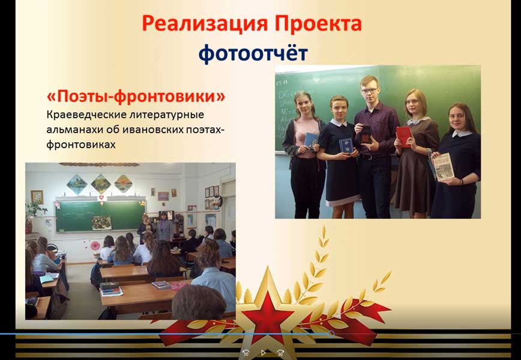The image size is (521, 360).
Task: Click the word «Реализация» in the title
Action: pos(204,24)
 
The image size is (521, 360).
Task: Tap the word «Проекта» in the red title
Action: pos(319,23)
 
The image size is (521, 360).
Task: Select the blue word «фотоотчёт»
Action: pos(253,53)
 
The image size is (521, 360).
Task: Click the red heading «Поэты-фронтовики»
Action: pos(136,97)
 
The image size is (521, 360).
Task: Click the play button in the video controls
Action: pos(263,352)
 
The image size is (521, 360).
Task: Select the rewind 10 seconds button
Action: pos(246,353)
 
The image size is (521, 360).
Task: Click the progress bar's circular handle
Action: pos(331,334)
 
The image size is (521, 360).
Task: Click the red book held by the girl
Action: pos(403,136)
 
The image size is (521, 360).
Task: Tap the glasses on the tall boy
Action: pos(370,91)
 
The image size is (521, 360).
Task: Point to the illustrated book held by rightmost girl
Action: pos(443,167)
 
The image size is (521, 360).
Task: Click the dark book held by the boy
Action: pos(366,135)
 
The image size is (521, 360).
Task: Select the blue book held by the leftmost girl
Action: pos(311,141)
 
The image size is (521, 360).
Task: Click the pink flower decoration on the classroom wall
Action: pos(95,246)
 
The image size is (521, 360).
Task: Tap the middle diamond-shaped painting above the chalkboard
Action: pos(101,184)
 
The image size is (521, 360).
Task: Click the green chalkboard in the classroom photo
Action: pos(100,216)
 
